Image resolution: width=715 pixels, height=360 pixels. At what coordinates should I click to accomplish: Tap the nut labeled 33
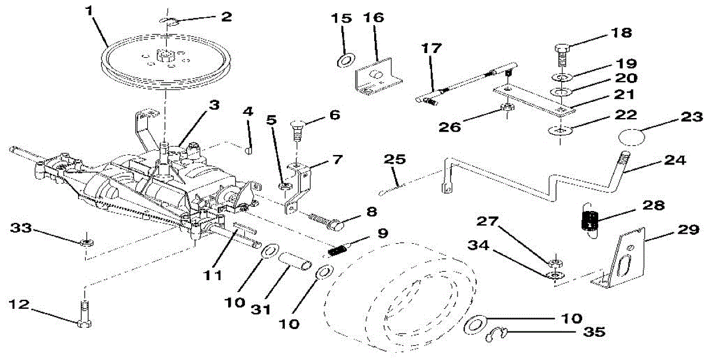pos(86,243)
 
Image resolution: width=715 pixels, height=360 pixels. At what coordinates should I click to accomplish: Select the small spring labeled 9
pos(338,251)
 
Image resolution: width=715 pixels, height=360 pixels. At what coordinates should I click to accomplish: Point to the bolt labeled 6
pos(297,128)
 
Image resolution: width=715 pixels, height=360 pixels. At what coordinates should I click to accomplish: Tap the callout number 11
pos(213,275)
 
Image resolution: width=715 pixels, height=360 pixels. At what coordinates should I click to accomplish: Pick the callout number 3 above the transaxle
pos(213,105)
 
